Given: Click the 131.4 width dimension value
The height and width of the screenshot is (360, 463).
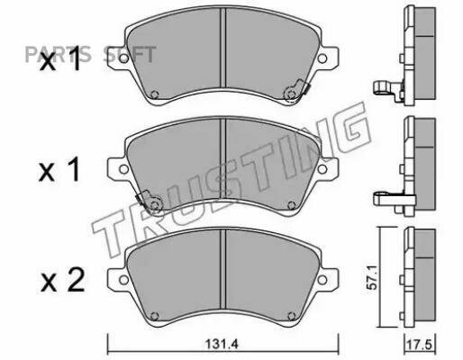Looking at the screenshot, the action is [x=222, y=344].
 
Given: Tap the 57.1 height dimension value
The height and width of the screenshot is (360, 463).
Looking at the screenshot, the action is [x=372, y=281].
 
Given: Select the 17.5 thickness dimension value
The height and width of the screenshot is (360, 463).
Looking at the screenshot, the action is [x=419, y=345].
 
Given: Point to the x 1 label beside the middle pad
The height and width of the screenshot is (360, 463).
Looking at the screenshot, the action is [x=59, y=170].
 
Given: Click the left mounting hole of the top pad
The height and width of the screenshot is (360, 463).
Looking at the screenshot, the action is [x=123, y=58].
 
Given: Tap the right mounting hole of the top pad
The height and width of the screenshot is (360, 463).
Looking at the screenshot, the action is [x=322, y=58].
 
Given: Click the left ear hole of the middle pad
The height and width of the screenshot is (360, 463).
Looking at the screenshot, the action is [x=123, y=169].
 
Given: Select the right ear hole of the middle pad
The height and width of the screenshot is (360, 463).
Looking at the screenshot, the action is [x=322, y=169].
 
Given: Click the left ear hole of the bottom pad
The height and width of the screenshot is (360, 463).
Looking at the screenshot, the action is [x=123, y=280].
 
